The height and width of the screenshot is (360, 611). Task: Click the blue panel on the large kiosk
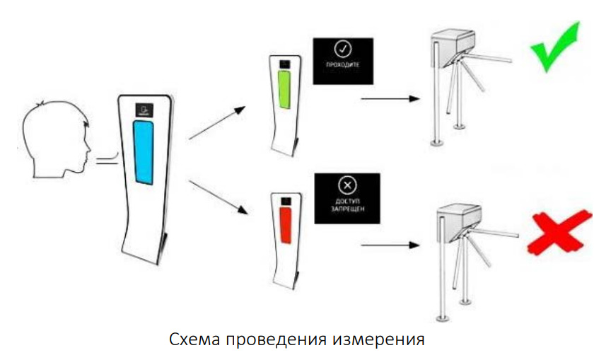click(143, 152)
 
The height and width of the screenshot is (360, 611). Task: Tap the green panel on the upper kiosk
click(284, 90)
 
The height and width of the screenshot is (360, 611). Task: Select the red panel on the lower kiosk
click(286, 225)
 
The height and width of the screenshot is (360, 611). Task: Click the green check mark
click(555, 47)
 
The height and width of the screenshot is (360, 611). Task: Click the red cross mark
click(559, 233)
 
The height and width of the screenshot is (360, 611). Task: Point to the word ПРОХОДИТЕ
click(342, 64)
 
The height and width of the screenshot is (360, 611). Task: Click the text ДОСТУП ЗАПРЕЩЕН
click(347, 205)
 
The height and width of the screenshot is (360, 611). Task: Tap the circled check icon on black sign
click(343, 49)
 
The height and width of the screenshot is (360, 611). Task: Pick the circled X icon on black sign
click(347, 185)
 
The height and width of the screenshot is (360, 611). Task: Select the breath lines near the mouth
click(107, 159)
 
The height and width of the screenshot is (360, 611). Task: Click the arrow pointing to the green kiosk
click(217, 123)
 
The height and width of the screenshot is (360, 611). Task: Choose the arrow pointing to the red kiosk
click(219, 197)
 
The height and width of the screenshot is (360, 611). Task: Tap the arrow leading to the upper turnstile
click(390, 99)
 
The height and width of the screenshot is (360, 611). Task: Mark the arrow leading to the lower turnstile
click(390, 245)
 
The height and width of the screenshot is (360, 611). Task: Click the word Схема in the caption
click(195, 339)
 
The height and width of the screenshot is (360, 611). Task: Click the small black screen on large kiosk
click(144, 110)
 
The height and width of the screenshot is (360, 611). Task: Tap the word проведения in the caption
click(277, 340)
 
